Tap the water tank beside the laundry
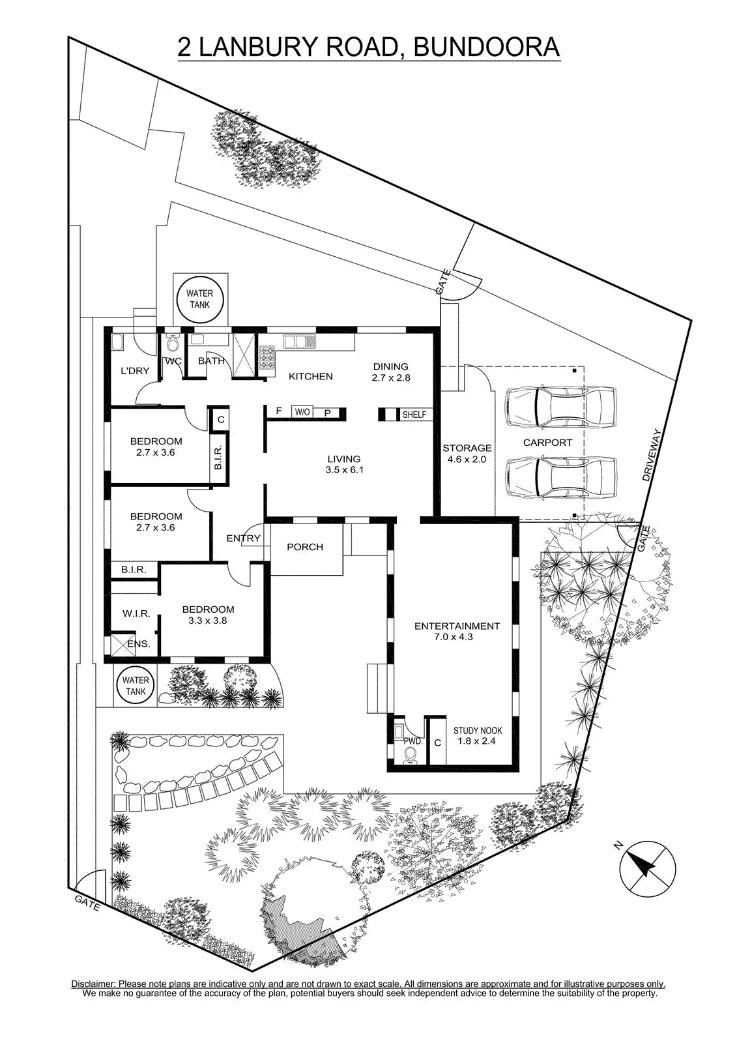tap(200, 299)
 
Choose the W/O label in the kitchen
tap(302, 412)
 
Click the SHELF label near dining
tap(414, 414)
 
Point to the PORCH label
tap(305, 547)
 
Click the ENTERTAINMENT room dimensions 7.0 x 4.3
tap(454, 636)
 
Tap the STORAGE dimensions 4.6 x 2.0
tap(467, 459)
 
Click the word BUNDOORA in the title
tap(486, 47)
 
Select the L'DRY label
tap(135, 371)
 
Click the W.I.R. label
tap(136, 613)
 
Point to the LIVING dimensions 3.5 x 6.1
tap(345, 470)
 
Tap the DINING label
tap(390, 366)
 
